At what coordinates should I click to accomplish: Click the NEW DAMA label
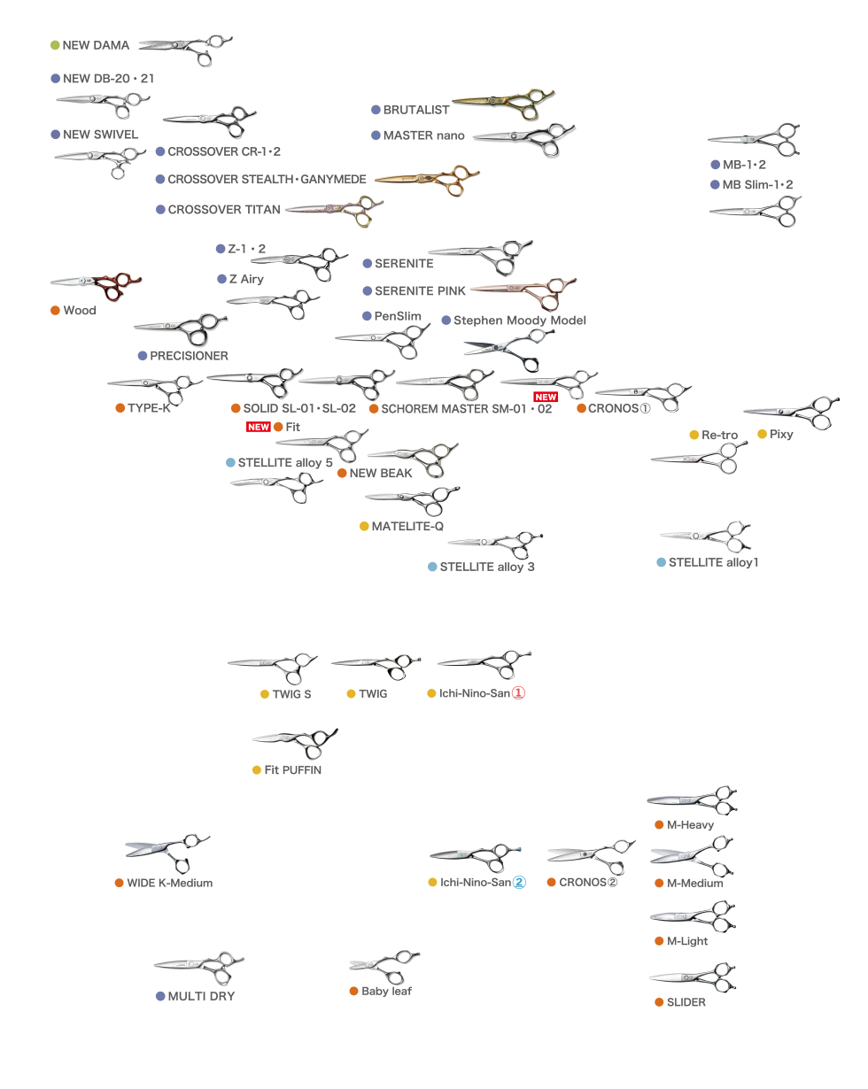(x=96, y=45)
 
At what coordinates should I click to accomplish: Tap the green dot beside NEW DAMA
(x=55, y=45)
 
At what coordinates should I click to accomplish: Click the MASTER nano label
(x=423, y=135)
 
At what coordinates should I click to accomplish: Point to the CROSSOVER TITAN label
(x=223, y=210)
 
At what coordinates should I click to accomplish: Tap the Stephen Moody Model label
(x=519, y=320)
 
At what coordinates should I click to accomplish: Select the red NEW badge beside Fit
(x=258, y=427)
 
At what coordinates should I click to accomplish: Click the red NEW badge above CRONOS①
(x=545, y=398)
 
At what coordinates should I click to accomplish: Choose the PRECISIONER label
(x=189, y=356)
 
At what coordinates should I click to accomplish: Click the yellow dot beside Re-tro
(x=694, y=435)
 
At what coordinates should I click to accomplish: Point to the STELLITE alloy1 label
(x=713, y=562)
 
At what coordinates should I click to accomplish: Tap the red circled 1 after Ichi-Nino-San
(x=519, y=694)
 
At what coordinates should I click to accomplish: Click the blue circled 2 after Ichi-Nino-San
(x=519, y=883)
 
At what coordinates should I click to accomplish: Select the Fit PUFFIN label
(x=292, y=770)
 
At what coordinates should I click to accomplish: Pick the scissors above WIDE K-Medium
(x=167, y=852)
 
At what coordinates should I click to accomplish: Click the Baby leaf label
(x=386, y=991)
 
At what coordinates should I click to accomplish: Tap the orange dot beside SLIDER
(x=659, y=1002)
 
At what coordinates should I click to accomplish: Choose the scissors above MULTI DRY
(x=199, y=967)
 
